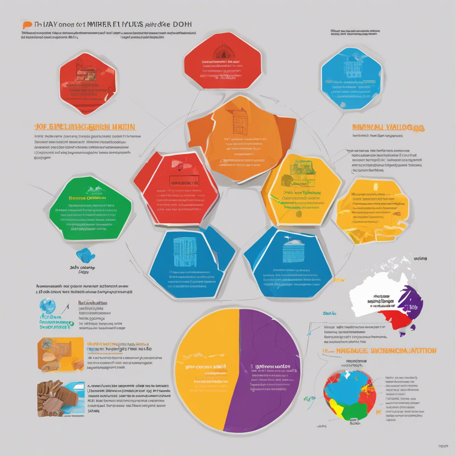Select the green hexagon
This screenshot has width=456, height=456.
91,208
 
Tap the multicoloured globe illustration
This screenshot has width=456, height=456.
350,394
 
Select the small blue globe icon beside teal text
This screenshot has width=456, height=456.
47,306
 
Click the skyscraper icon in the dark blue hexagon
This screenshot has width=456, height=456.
184,252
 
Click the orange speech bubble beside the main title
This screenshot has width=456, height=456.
28,25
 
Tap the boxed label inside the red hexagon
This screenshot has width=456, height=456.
184,183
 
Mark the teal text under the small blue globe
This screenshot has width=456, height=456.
56,323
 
